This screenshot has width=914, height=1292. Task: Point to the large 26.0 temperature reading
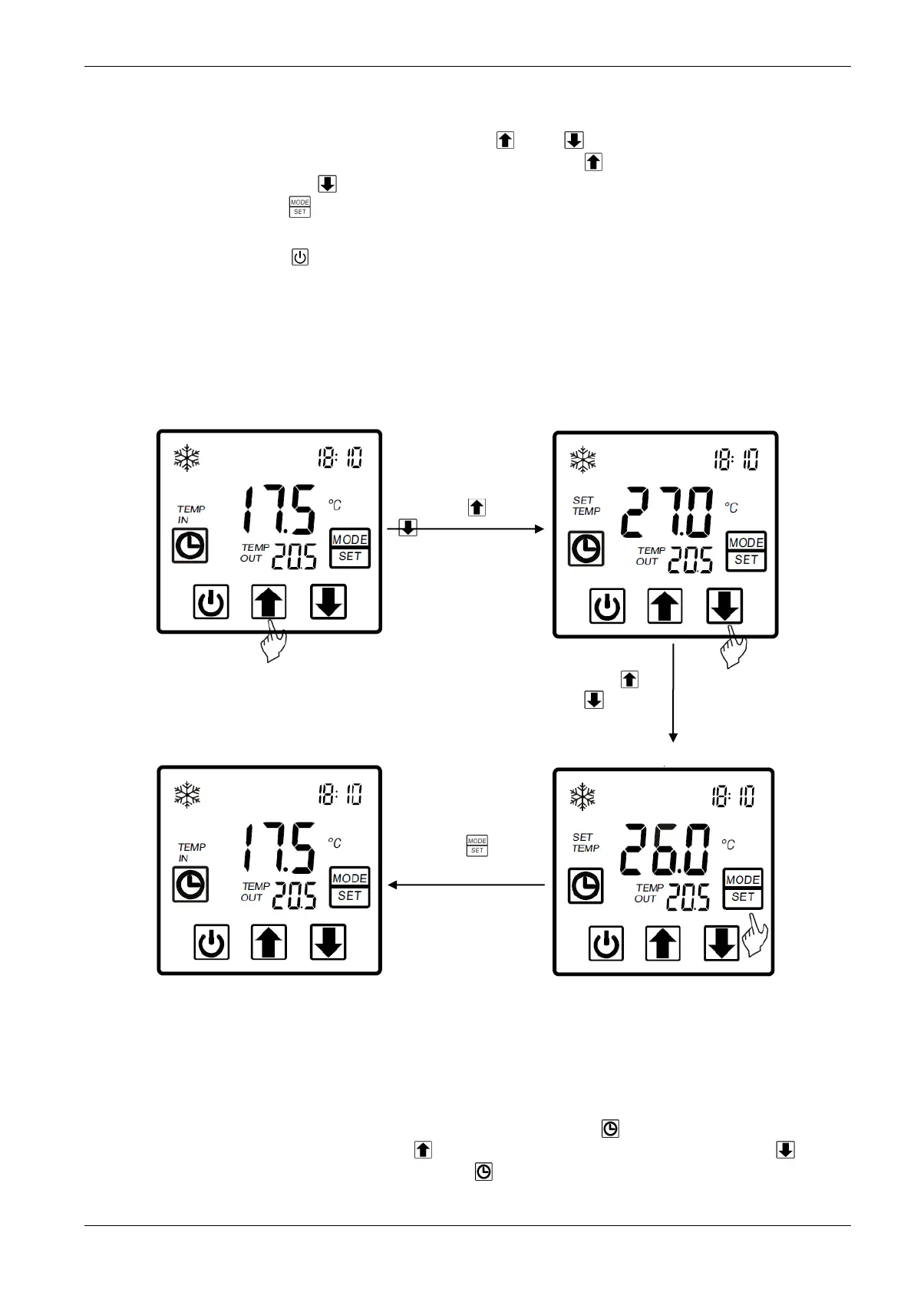(665, 849)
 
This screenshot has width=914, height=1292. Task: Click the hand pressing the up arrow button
(273, 642)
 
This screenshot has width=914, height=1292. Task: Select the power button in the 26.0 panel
(606, 943)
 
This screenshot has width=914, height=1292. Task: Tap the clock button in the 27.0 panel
(586, 549)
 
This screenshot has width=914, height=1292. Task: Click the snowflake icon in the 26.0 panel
(582, 796)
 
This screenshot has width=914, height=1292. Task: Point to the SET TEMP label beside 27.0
(586, 506)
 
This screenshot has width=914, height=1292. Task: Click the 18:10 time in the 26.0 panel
(732, 796)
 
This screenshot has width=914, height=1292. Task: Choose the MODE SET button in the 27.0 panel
(746, 551)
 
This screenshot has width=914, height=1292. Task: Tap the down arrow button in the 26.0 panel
(721, 943)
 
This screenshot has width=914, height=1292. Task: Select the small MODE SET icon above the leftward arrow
(477, 845)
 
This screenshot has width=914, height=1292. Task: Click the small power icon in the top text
(300, 257)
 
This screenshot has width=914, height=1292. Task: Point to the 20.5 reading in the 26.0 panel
(688, 896)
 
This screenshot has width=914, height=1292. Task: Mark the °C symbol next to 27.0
(731, 508)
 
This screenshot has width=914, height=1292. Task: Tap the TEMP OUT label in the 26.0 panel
(647, 893)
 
